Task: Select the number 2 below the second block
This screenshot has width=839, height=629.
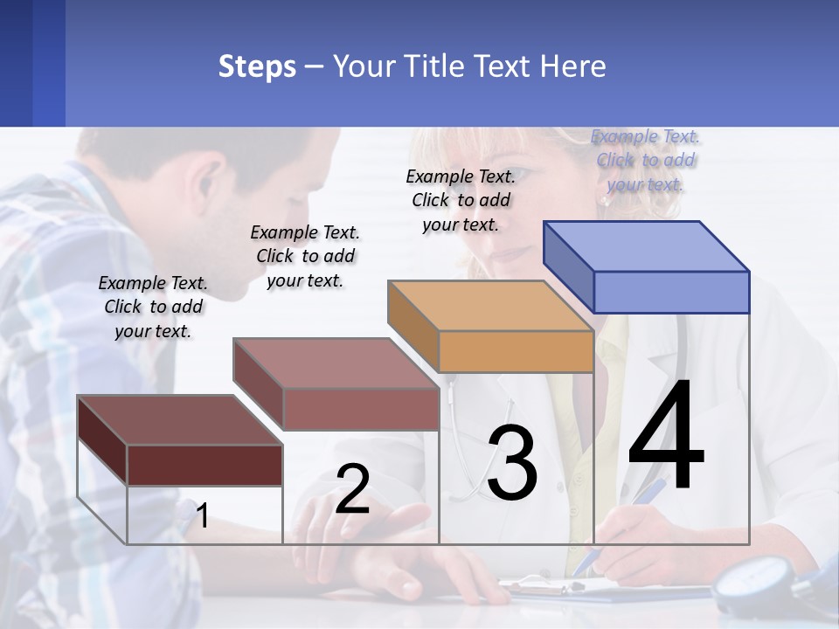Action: (352, 489)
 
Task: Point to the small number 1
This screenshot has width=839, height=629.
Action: (202, 515)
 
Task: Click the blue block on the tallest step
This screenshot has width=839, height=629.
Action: (647, 266)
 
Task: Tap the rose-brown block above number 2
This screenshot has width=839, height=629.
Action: (336, 384)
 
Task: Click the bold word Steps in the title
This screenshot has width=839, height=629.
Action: (257, 66)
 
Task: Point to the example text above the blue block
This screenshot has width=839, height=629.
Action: (646, 160)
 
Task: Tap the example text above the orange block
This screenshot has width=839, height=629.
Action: (461, 200)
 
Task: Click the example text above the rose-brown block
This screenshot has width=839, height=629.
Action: (305, 256)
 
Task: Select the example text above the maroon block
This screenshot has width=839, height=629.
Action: (153, 307)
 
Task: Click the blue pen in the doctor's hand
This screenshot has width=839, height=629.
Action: (612, 533)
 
